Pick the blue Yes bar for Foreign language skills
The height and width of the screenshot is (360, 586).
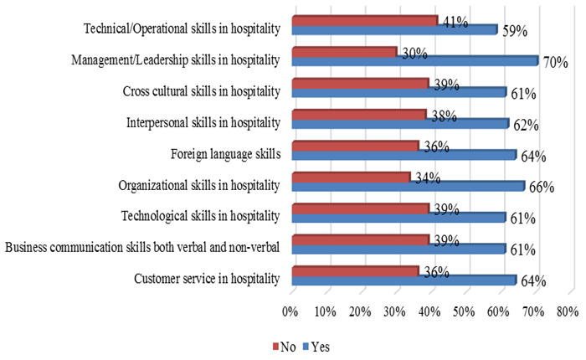click(404, 154)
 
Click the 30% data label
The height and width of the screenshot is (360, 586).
click(414, 53)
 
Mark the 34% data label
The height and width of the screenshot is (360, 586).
click(427, 177)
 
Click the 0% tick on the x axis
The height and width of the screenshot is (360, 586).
click(290, 311)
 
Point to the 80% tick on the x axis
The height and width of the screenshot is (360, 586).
click(567, 311)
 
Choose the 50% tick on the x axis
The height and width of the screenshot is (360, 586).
click(464, 311)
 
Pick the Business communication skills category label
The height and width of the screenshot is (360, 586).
click(142, 246)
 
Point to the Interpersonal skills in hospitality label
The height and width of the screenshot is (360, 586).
click(203, 122)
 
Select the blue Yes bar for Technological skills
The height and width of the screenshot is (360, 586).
click(398, 217)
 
